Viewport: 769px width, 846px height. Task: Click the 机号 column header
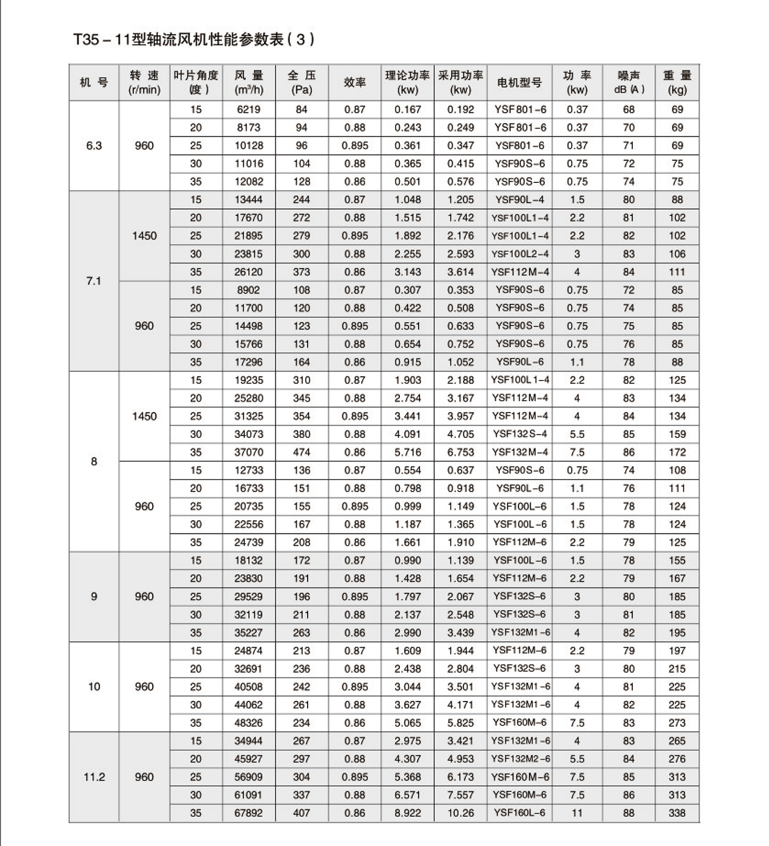click(x=94, y=82)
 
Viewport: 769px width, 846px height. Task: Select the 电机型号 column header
click(x=519, y=82)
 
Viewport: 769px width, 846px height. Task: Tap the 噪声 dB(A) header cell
click(x=629, y=82)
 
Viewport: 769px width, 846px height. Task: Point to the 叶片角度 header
click(x=196, y=82)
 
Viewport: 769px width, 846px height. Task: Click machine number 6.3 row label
click(x=94, y=146)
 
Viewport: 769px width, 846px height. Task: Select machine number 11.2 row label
click(x=94, y=777)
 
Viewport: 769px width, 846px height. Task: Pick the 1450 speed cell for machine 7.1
click(x=144, y=236)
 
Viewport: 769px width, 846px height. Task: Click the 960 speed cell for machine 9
click(x=144, y=597)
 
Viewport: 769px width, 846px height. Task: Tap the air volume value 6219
click(x=249, y=109)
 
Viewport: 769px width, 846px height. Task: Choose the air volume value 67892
click(x=249, y=813)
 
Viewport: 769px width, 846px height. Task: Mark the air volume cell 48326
click(x=249, y=723)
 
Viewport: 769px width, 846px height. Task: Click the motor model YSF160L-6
click(x=520, y=813)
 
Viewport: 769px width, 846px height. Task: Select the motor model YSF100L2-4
click(x=520, y=254)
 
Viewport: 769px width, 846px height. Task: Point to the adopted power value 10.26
click(x=460, y=813)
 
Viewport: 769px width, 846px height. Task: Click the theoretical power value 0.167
click(x=408, y=109)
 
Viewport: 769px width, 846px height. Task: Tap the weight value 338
click(x=677, y=813)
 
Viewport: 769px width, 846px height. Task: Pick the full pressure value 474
click(x=302, y=452)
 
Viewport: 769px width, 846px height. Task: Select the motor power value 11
click(x=577, y=813)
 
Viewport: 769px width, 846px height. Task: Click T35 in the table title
click(x=86, y=40)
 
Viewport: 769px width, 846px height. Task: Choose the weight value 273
click(x=677, y=723)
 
